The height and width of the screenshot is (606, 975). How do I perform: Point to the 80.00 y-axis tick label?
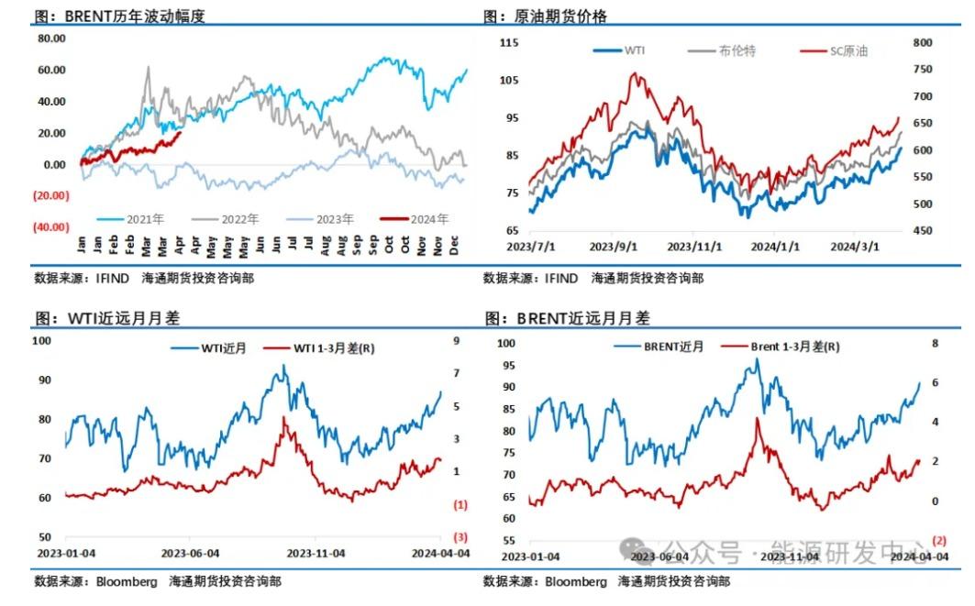(x=51, y=39)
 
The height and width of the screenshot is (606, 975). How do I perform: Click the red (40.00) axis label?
(x=51, y=226)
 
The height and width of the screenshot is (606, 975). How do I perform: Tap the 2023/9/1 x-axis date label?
(x=613, y=247)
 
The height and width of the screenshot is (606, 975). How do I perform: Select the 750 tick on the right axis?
(x=923, y=70)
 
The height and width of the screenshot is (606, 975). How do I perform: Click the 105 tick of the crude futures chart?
(x=509, y=80)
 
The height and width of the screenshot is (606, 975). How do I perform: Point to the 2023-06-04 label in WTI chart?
(x=190, y=553)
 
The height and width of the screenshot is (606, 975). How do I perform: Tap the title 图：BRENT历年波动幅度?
(x=119, y=16)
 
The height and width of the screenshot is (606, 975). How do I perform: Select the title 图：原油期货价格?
(x=545, y=16)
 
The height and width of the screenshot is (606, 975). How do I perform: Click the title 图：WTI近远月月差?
(x=108, y=317)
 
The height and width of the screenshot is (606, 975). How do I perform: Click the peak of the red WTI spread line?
(x=285, y=417)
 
